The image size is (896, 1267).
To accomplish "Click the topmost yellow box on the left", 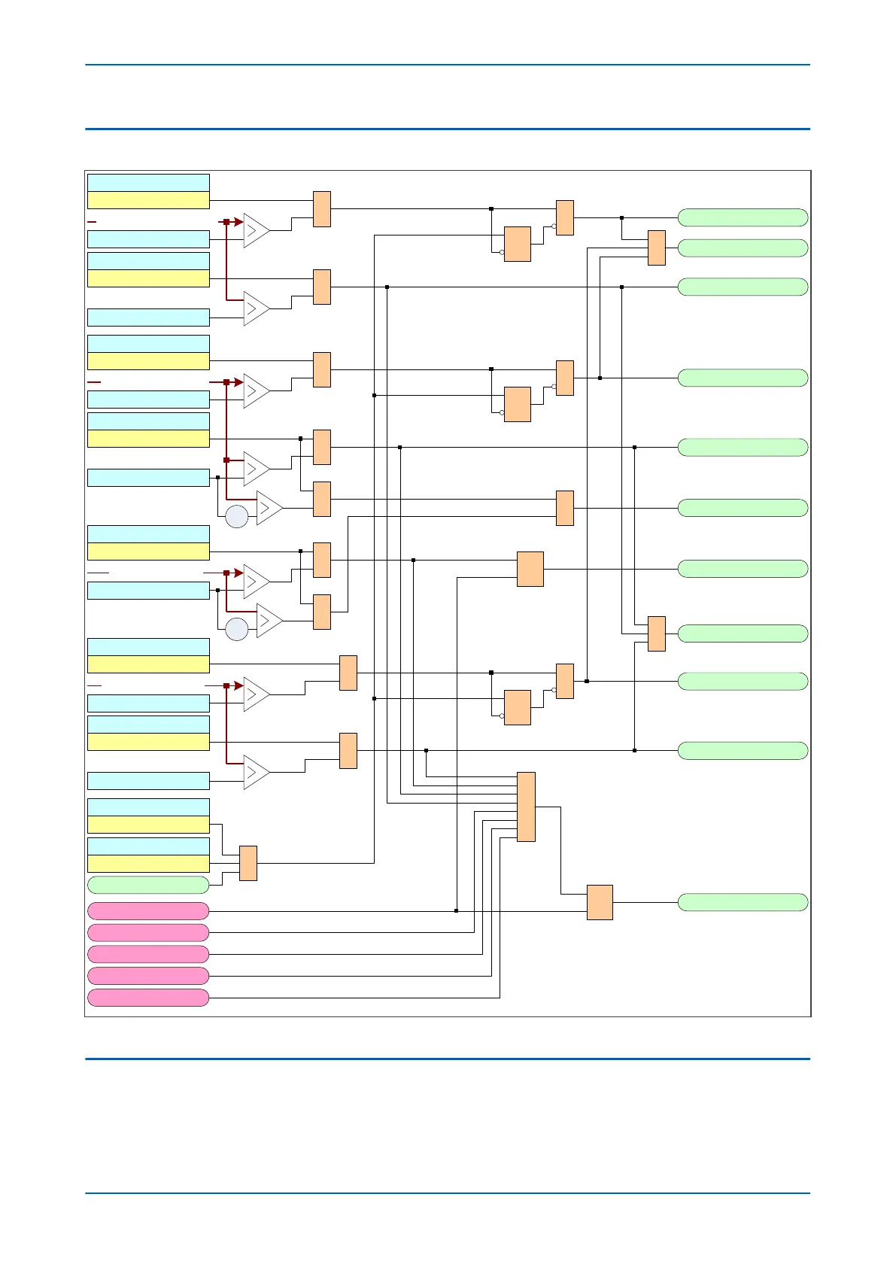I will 148,200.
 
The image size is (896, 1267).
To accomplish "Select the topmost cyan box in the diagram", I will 148,183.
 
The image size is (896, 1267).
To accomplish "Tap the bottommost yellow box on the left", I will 148,864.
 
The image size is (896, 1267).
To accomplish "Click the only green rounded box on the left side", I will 148,885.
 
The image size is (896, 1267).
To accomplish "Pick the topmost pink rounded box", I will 148,911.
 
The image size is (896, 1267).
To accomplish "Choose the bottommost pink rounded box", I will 148,998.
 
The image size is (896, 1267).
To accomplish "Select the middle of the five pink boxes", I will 148,954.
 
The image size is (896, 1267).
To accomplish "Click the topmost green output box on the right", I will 743,217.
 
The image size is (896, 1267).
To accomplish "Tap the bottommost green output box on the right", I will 743,902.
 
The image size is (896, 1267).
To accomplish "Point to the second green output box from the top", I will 743,248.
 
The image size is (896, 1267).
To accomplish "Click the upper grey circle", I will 237,517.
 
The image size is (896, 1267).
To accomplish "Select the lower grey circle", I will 237,629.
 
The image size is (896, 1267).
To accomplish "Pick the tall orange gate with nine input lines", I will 526,807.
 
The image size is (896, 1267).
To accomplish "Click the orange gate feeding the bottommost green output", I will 600,902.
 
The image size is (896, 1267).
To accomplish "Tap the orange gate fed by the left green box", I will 248,863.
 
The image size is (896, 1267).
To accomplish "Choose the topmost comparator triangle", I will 256,230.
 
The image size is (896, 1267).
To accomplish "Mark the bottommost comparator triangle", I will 256,772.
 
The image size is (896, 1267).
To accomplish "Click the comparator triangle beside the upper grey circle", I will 269,508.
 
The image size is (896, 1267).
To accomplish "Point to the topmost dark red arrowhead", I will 238,222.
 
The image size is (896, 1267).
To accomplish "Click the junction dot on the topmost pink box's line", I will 456,911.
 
